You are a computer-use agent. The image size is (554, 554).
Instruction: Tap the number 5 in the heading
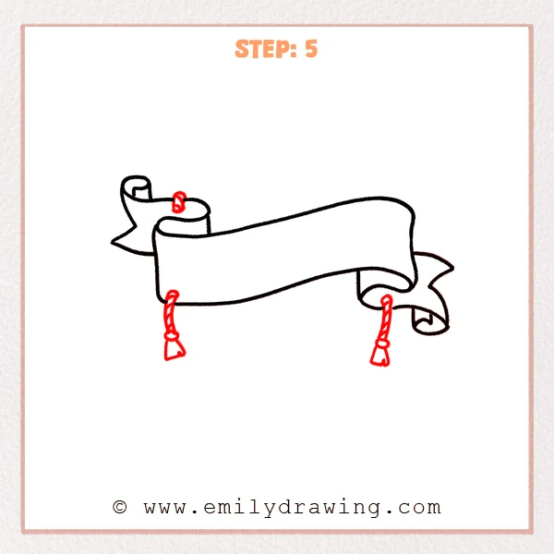click(x=310, y=49)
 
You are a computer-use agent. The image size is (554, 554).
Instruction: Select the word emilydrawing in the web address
click(x=295, y=507)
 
